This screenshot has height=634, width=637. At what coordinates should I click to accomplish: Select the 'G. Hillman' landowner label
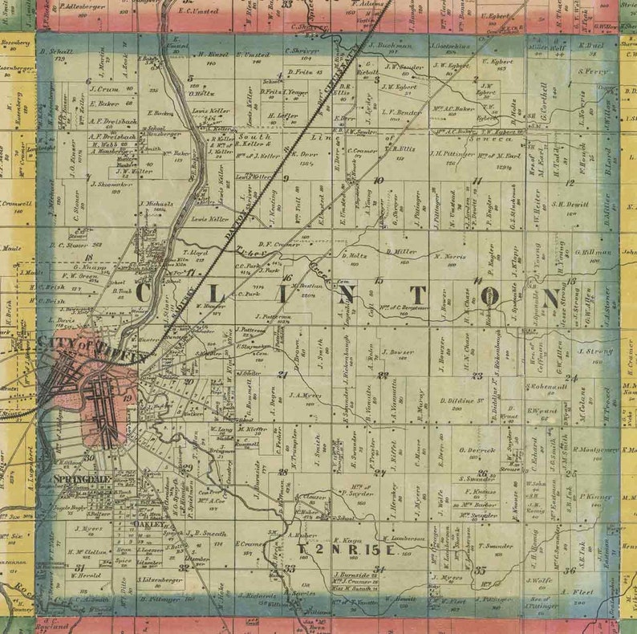(x=594, y=252)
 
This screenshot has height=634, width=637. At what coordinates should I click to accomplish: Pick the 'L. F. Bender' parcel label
(x=402, y=112)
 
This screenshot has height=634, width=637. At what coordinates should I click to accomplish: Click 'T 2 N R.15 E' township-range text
(x=347, y=551)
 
